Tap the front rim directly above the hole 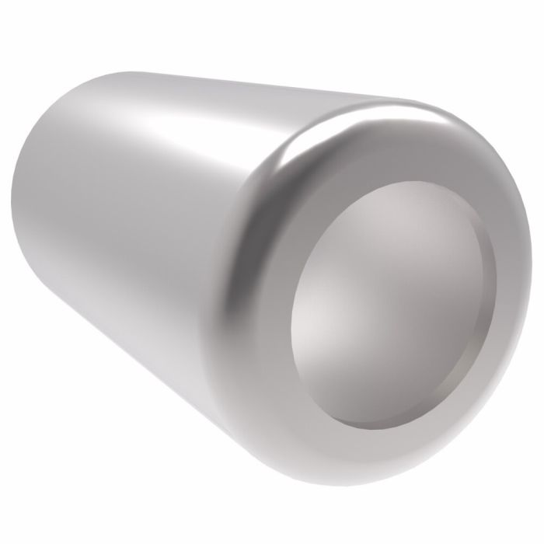389,148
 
